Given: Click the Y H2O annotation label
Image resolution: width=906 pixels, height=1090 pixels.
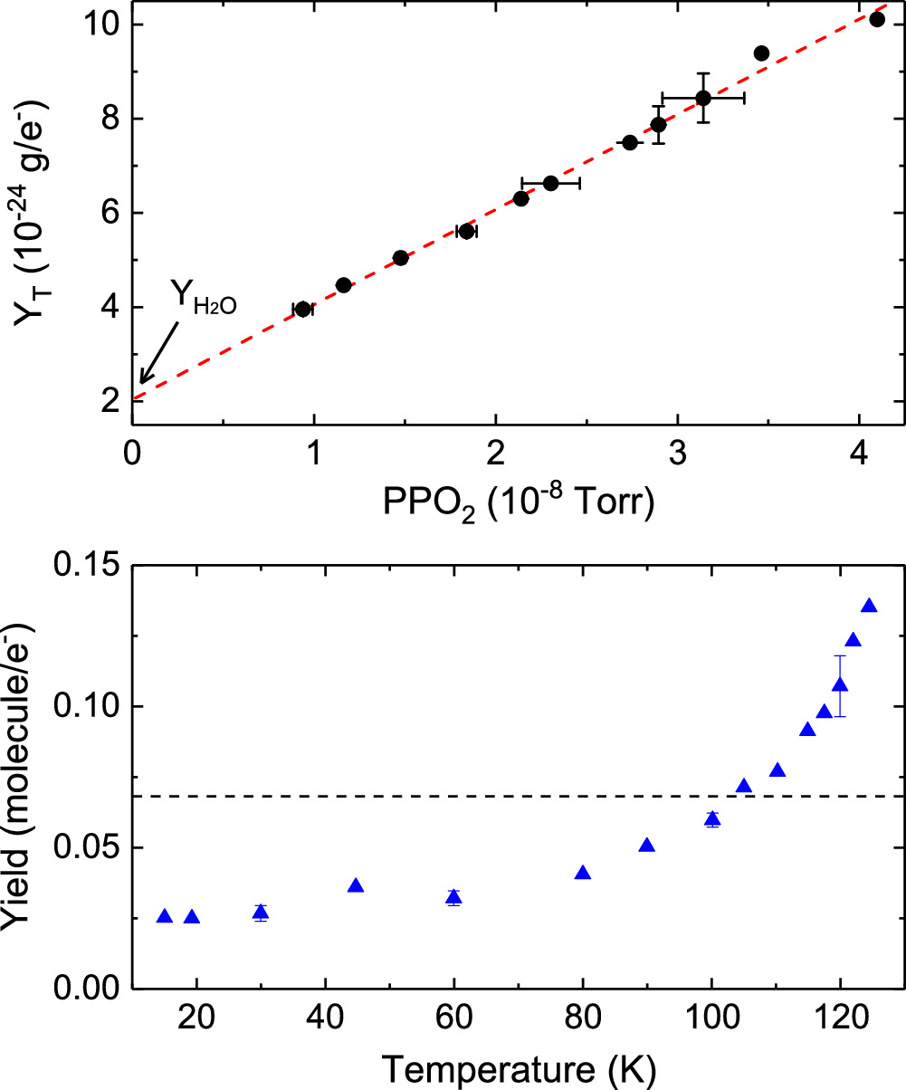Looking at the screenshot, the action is (204, 297).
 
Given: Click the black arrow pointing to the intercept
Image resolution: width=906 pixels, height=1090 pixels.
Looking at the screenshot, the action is (159, 352).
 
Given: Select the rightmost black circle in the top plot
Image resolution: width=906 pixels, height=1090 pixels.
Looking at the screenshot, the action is (877, 20).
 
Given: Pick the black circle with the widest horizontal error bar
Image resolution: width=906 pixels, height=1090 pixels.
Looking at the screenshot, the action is (703, 98).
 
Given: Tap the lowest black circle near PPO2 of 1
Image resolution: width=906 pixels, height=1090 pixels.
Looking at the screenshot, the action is (302, 309).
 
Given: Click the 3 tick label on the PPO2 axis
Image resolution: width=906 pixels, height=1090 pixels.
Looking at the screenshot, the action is (677, 453).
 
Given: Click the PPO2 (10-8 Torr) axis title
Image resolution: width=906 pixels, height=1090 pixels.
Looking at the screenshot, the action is (519, 502).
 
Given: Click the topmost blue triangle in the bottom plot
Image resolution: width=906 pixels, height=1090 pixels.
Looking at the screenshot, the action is (869, 606).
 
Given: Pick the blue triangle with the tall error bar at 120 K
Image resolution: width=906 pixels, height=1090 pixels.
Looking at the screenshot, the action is (840, 684).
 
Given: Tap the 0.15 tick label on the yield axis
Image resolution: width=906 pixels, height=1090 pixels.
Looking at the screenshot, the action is (87, 564).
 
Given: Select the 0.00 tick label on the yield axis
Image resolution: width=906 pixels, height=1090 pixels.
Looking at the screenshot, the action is (87, 989).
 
